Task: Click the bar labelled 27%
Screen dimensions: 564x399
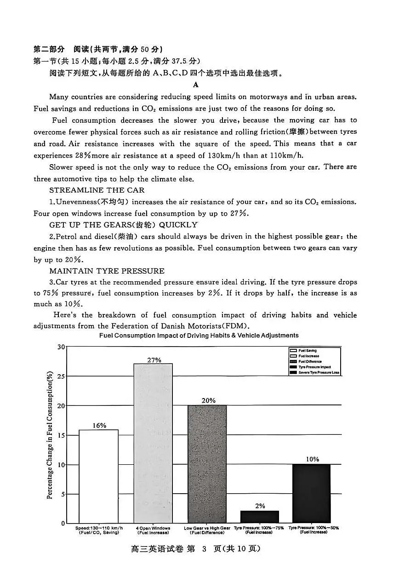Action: coord(153,443)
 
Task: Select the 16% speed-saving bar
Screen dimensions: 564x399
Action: coord(98,476)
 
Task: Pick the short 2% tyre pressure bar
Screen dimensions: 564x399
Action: coord(260,517)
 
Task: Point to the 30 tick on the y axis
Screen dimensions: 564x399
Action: coord(61,347)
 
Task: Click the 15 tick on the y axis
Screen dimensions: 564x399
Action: coord(61,435)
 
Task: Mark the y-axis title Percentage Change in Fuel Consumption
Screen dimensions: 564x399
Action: coord(50,435)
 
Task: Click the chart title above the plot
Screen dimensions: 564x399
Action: coord(199,336)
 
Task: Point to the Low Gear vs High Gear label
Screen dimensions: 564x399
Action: coord(207,528)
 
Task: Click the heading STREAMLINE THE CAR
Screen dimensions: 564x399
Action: coord(97,190)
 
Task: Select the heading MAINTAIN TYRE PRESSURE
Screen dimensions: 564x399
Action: coord(107,271)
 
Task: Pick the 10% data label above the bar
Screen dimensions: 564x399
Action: coord(312,459)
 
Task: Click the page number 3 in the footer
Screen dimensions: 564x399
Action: coord(202,549)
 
